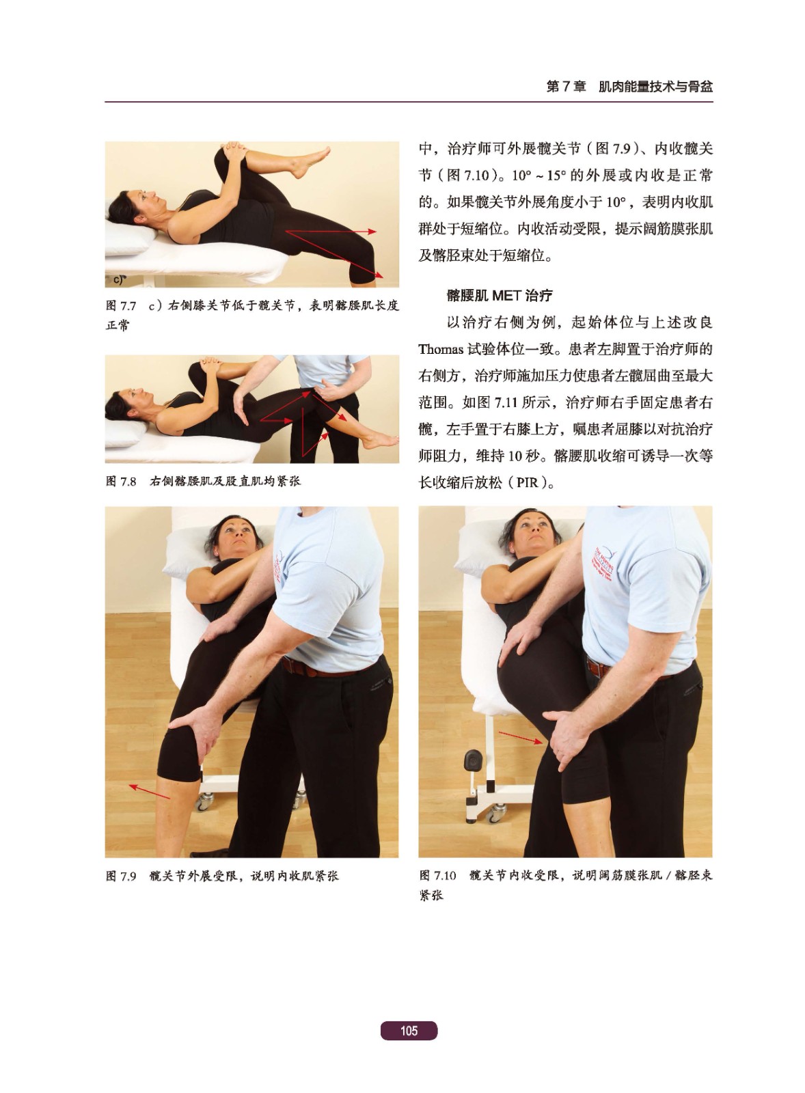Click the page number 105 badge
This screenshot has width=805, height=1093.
pyautogui.click(x=409, y=1030)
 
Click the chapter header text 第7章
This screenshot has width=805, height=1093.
pyautogui.click(x=566, y=87)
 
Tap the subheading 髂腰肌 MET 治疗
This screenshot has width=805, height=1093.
pyautogui.click(x=500, y=295)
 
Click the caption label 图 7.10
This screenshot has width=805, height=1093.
pyautogui.click(x=437, y=875)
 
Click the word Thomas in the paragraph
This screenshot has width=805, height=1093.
pyautogui.click(x=441, y=349)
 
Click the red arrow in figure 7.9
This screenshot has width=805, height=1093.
pyautogui.click(x=149, y=791)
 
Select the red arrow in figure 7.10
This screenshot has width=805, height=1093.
pyautogui.click(x=521, y=737)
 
